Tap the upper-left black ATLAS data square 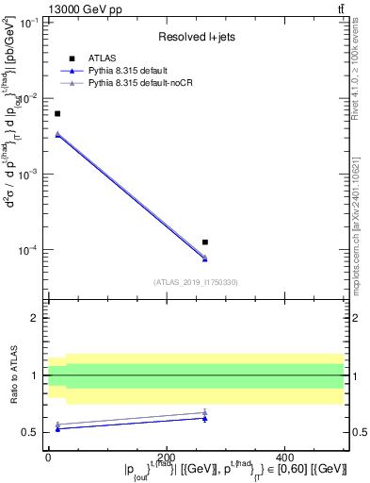57,113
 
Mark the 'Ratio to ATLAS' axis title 16,375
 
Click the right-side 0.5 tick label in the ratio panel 357,433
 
